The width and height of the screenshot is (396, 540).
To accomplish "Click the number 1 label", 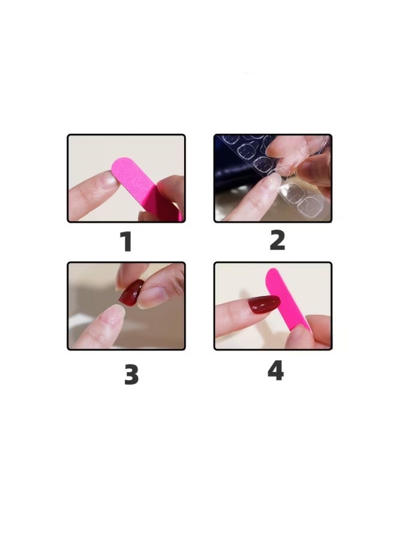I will coord(126,242).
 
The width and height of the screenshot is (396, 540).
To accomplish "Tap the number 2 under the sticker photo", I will coord(277,240).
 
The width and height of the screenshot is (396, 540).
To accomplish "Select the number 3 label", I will coord(131,374).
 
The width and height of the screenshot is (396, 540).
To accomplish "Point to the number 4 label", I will coord(275,370).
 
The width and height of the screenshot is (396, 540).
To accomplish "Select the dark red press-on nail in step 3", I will coord(131,293).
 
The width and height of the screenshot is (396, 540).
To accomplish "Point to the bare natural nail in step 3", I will coord(112,314).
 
